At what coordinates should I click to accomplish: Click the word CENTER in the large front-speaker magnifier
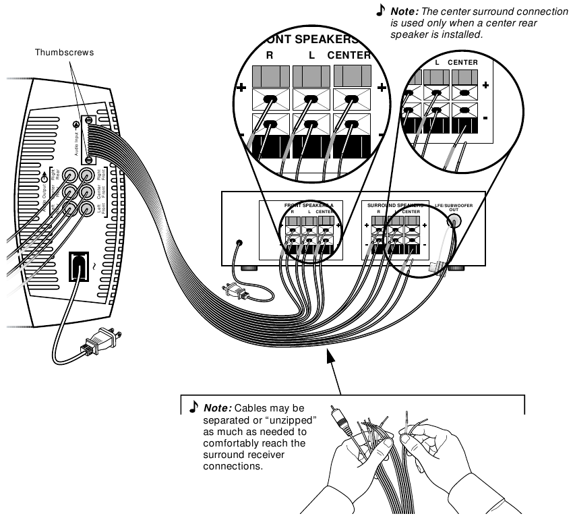pyautogui.click(x=349, y=55)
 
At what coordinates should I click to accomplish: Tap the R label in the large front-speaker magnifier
pyautogui.click(x=270, y=55)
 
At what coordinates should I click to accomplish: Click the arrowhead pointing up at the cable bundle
pyautogui.click(x=330, y=355)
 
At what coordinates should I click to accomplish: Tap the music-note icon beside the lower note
pyautogui.click(x=193, y=407)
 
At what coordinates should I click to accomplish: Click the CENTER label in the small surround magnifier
pyautogui.click(x=463, y=63)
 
